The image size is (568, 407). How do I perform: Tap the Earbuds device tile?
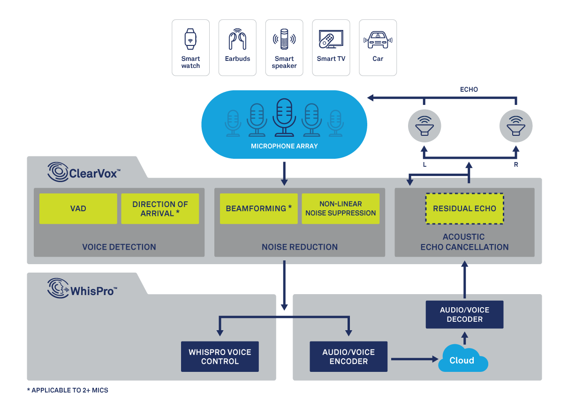coord(237,47)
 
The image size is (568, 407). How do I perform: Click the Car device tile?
coord(378,47)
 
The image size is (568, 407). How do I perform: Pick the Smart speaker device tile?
coord(284,47)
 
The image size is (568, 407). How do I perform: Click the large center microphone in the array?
coord(284,117)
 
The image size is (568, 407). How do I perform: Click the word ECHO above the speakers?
coord(469,89)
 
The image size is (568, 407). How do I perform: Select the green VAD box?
coord(78,208)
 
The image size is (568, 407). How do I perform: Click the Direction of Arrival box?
coord(160,208)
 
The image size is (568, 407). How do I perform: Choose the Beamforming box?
coord(258,208)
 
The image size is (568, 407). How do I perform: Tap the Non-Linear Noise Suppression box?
coord(341,208)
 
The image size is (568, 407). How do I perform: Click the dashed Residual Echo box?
coord(464,208)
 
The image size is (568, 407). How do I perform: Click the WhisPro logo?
coord(83,289)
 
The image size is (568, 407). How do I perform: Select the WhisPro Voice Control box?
coord(220,357)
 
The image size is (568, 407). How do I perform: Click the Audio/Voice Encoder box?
coord(348,357)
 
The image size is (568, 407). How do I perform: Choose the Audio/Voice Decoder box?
coord(464,314)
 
